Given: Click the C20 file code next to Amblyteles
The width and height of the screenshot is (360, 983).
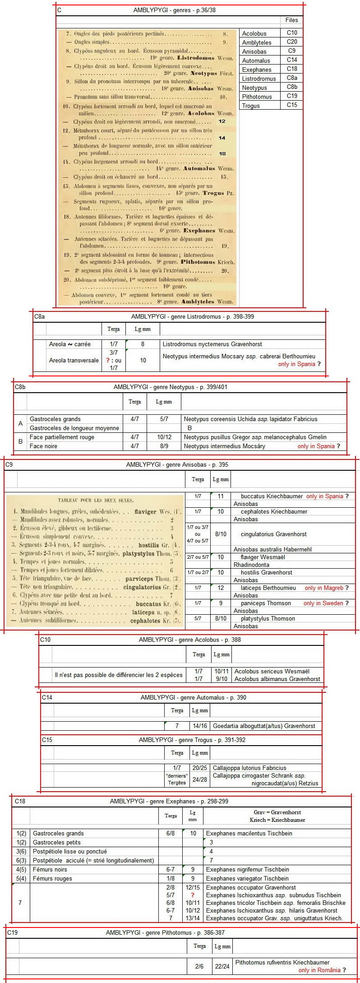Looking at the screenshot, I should point(292,42).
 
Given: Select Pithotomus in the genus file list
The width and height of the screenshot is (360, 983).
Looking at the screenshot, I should point(257,97).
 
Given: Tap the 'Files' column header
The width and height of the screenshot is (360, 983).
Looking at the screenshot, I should point(291,20).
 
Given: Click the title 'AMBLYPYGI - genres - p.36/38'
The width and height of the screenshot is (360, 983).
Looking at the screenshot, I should point(177,10).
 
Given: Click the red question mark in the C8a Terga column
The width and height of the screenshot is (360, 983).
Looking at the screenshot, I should point(107,360).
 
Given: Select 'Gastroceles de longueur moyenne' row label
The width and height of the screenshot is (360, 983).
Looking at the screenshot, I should point(74,428).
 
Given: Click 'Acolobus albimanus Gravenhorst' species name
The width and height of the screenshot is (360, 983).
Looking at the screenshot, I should point(277,679).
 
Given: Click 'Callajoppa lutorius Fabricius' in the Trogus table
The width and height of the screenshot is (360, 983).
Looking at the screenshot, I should point(249,768).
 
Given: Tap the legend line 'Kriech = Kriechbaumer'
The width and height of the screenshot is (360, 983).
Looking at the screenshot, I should point(277,820).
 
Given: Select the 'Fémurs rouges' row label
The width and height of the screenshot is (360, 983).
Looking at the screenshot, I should point(52,878).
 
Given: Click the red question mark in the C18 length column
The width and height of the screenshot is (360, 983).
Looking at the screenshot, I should point(193,895).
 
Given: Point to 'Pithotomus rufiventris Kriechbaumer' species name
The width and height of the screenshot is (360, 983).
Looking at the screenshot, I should point(282,962).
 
